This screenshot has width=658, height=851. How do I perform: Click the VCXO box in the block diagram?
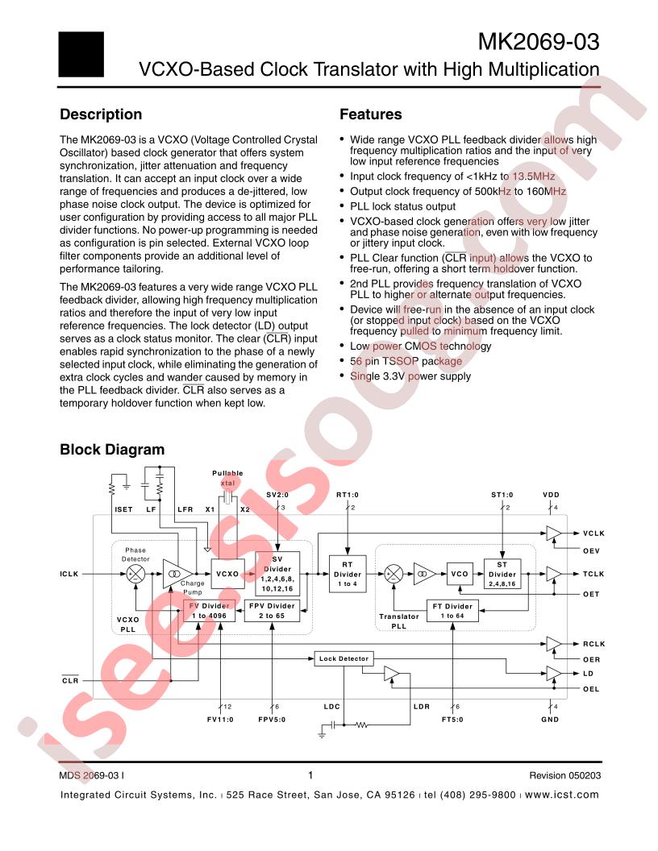point(227,574)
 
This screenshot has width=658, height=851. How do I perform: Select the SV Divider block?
point(277,573)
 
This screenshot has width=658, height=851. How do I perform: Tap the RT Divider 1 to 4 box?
point(348,574)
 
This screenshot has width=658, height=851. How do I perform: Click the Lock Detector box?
point(344,658)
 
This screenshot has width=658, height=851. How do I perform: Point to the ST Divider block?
point(502,574)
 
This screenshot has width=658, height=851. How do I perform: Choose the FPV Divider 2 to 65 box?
point(270,611)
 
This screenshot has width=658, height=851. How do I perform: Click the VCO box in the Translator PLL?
point(460,574)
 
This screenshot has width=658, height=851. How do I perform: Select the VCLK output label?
point(593,533)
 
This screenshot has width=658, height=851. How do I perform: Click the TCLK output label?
point(593,574)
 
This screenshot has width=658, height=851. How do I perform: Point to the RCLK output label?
point(593,644)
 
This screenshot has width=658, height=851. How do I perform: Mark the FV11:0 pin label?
point(221,719)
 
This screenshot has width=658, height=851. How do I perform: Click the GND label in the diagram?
point(550,719)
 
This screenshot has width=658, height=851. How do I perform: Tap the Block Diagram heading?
point(112,450)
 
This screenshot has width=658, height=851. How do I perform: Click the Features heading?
point(370,114)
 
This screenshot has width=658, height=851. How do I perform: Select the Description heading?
point(101,114)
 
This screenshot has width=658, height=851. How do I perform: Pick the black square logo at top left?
point(81,54)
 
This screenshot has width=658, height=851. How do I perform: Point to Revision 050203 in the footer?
point(564,775)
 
